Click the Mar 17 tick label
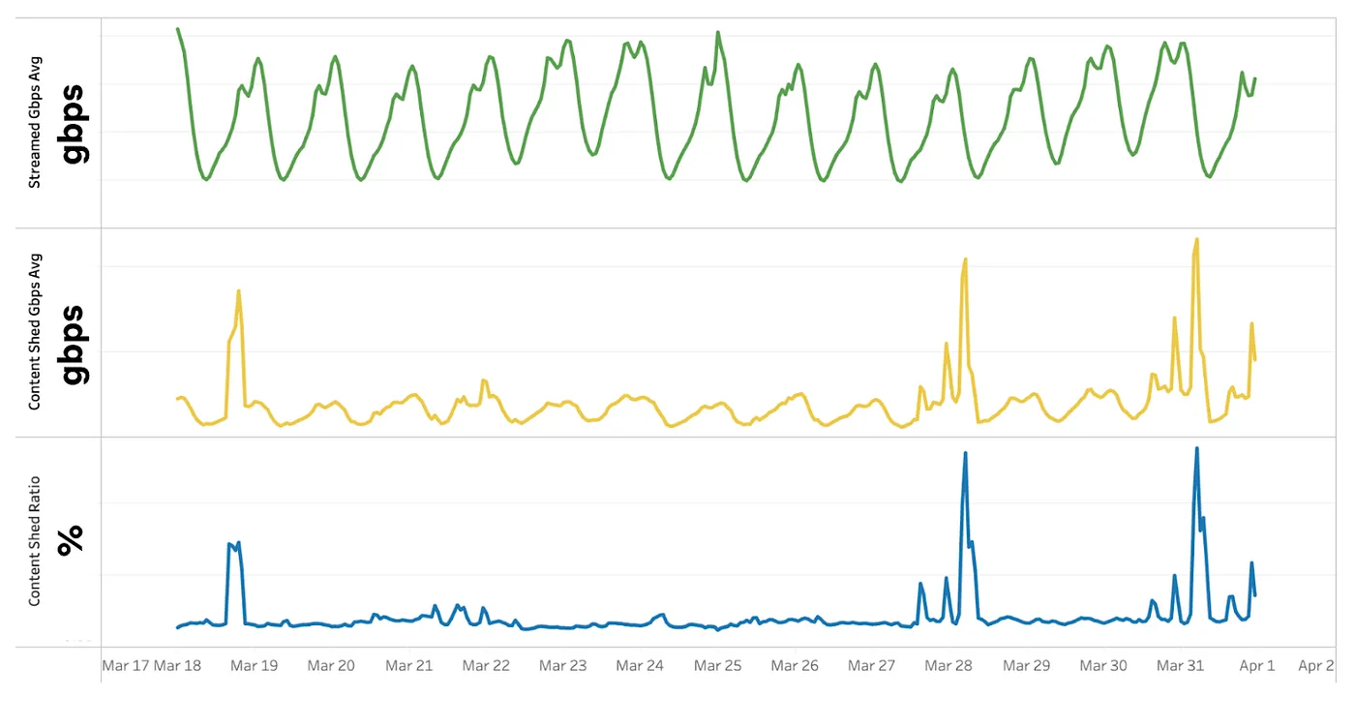(126, 666)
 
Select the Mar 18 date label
(178, 666)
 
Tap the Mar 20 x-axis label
(331, 666)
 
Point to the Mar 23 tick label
(563, 666)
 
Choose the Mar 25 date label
(717, 666)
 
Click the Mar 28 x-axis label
(948, 666)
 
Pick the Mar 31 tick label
(1181, 666)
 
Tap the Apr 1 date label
(1257, 666)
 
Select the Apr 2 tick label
(1316, 666)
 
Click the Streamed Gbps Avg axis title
(35, 122)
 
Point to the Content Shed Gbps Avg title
(35, 332)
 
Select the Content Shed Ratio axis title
(35, 541)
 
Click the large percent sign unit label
(71, 540)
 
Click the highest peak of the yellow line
(1197, 239)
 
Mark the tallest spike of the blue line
(1197, 448)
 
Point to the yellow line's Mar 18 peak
(238, 290)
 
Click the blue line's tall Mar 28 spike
(965, 453)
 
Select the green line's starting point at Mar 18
(178, 29)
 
